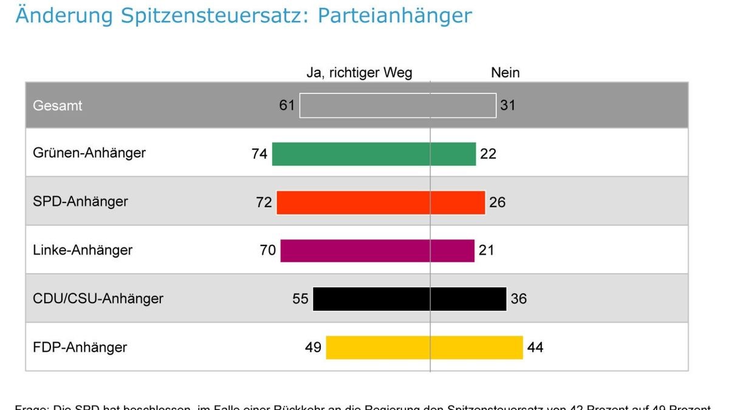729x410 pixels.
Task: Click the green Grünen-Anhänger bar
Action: (374, 154)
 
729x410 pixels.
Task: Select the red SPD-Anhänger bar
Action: (381, 202)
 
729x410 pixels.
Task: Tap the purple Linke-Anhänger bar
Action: (377, 250)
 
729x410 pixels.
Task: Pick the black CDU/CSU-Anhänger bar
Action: (409, 299)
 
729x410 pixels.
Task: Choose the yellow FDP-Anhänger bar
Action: (424, 347)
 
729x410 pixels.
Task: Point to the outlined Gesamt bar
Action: (398, 105)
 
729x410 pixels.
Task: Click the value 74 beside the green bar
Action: (259, 154)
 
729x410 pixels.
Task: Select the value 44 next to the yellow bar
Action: (535, 348)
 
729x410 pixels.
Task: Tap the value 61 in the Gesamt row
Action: (287, 106)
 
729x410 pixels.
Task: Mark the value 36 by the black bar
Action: (519, 299)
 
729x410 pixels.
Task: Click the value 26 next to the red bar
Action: (497, 203)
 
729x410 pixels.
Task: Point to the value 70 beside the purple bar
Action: (268, 251)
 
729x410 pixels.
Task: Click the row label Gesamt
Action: (58, 106)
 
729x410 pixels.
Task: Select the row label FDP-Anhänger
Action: (80, 348)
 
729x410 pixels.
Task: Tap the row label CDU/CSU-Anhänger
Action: (98, 299)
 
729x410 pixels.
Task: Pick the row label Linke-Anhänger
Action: (83, 250)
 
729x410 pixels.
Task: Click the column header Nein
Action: (505, 73)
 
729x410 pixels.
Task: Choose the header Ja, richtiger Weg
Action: (359, 73)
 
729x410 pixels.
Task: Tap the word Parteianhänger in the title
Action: (394, 16)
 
